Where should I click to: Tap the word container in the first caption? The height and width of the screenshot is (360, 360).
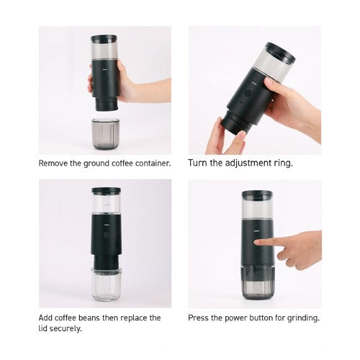pos(150,163)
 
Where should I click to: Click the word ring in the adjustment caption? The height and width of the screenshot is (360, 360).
pos(283,163)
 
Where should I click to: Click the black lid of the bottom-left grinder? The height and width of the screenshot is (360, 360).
pos(106,192)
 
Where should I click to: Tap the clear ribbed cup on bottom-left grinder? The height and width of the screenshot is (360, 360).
pos(106,284)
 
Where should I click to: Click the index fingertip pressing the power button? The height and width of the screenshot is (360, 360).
pos(278,246)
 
